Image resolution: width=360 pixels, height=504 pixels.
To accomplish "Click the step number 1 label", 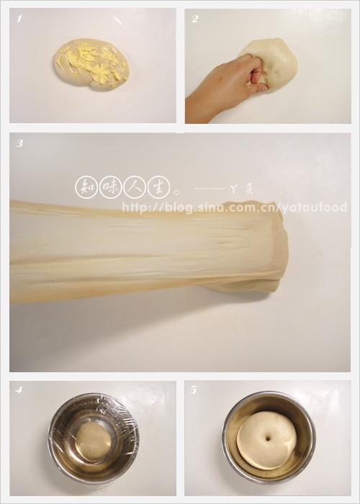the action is click(x=19, y=19).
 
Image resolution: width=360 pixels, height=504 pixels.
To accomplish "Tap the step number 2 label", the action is click(x=194, y=19).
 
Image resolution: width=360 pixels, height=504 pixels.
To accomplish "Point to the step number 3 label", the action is click(x=19, y=143).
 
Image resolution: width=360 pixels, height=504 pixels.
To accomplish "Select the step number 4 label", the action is click(x=19, y=390).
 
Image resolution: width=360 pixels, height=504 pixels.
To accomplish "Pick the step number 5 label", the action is click(x=194, y=390).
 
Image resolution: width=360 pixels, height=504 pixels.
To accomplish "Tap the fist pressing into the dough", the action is click(x=255, y=72).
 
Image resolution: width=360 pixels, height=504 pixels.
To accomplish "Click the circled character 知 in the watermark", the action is click(x=86, y=187).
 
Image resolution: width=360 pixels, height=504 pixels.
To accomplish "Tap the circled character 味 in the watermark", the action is click(x=110, y=187).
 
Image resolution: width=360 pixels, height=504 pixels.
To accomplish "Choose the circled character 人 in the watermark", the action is click(x=135, y=187).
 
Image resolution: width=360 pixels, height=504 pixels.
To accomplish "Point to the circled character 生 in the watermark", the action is click(x=158, y=187).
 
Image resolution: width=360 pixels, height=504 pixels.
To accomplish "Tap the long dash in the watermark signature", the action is click(x=209, y=189).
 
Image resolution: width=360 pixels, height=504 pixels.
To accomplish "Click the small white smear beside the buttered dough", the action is click(x=118, y=21).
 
